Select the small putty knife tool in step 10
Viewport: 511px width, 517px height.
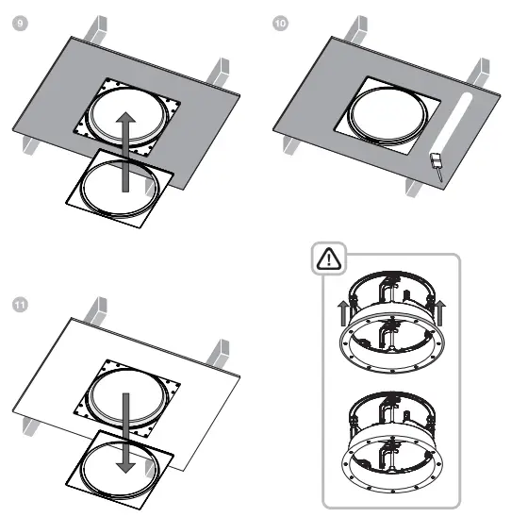(x=437, y=164)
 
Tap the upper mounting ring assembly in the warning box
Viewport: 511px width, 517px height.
(x=390, y=325)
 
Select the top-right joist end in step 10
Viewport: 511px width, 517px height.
(x=487, y=72)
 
